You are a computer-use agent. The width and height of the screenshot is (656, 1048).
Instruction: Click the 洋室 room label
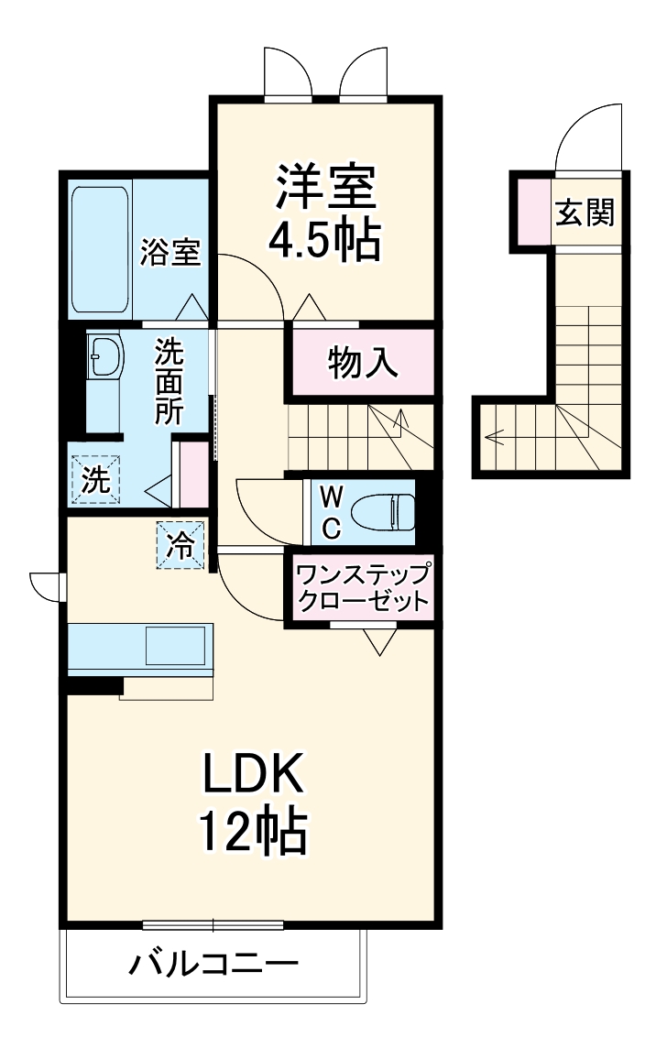coord(323,186)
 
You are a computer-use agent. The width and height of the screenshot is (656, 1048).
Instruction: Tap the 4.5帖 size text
coord(323,240)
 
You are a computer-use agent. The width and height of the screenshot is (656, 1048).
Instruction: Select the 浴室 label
coord(170,252)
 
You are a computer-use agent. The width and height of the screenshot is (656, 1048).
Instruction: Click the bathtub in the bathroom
coord(99,249)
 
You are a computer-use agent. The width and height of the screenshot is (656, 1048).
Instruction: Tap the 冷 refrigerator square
coord(180,546)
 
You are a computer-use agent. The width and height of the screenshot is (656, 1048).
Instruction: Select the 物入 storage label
coord(363,363)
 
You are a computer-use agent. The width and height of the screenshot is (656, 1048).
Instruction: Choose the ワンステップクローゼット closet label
coord(361,589)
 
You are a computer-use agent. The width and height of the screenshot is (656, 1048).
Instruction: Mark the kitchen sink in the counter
coord(177,647)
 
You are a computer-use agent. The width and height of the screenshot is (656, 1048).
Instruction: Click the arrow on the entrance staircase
coord(500,437)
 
